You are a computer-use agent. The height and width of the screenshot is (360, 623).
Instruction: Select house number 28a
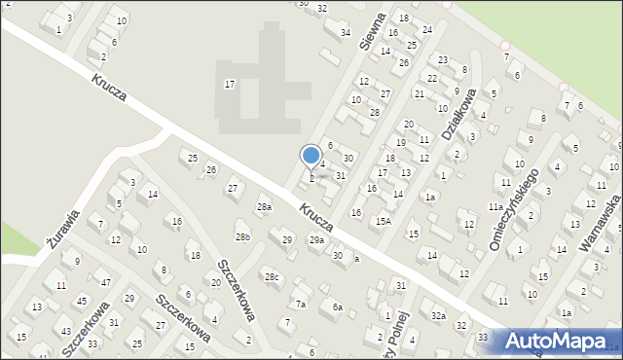click(x=264, y=207)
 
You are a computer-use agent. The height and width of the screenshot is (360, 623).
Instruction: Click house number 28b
click(x=242, y=236)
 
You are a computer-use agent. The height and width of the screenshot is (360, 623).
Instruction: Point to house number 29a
click(x=316, y=239)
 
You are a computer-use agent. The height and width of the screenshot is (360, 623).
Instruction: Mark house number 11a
click(x=495, y=207)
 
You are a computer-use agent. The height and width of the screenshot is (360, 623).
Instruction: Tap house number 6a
click(x=337, y=307)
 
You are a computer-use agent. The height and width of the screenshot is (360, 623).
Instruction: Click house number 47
click(x=105, y=282)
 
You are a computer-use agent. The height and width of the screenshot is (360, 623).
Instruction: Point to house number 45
click(x=82, y=301)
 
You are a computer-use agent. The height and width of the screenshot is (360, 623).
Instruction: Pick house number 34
click(x=345, y=33)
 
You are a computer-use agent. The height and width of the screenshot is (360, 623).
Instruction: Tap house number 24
click(x=427, y=30)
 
